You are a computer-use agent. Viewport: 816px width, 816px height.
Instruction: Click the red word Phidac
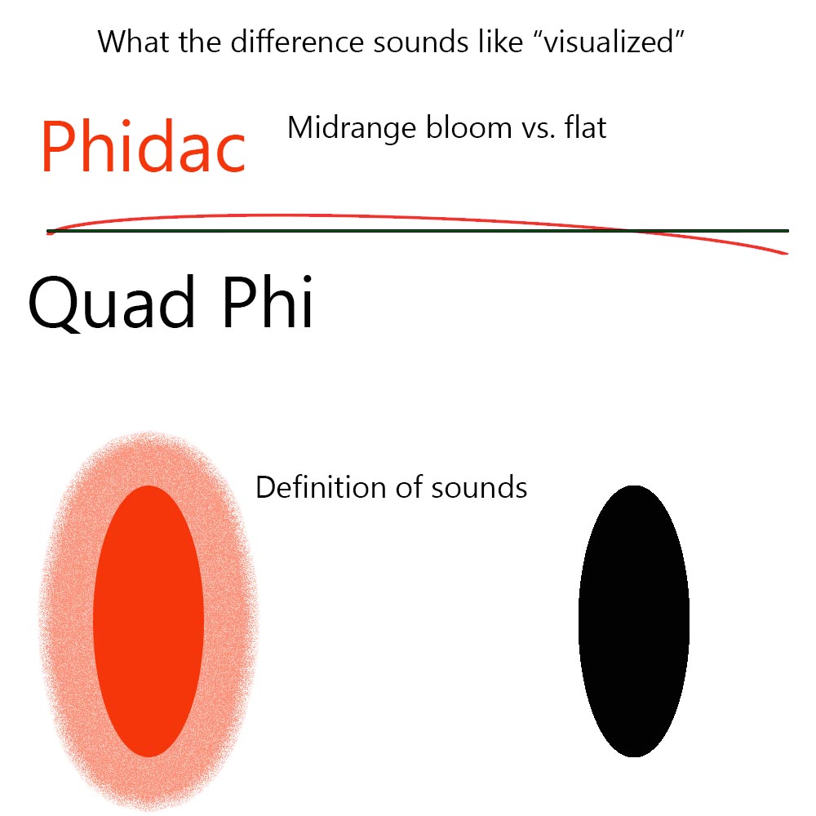[x=143, y=146]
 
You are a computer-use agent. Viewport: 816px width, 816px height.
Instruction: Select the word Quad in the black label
[x=112, y=303]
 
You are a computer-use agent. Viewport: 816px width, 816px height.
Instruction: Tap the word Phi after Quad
[x=268, y=301]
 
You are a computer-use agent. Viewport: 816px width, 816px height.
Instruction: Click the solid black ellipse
[x=634, y=621]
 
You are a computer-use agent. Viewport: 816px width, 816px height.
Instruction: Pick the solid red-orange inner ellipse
[x=149, y=621]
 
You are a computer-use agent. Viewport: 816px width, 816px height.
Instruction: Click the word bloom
[x=469, y=127]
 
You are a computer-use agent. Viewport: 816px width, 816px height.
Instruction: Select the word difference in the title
[x=297, y=42]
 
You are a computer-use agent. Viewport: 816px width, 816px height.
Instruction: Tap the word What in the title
[x=133, y=42]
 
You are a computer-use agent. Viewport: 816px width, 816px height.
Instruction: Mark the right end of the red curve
[x=787, y=254]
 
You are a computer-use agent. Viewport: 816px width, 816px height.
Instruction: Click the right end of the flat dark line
[x=788, y=231]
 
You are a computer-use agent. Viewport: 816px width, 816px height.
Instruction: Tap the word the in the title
[x=200, y=42]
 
